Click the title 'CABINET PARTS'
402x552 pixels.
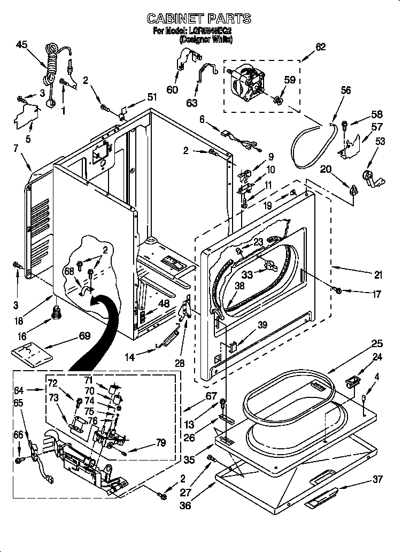[x=199, y=19]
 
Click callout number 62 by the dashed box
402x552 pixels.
[x=320, y=47]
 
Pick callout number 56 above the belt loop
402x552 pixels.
[x=346, y=90]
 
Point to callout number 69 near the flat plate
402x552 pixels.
[x=84, y=335]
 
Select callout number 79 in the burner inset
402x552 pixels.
[x=160, y=443]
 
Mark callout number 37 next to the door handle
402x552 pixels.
[x=377, y=479]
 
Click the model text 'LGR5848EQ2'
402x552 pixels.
[x=206, y=32]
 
